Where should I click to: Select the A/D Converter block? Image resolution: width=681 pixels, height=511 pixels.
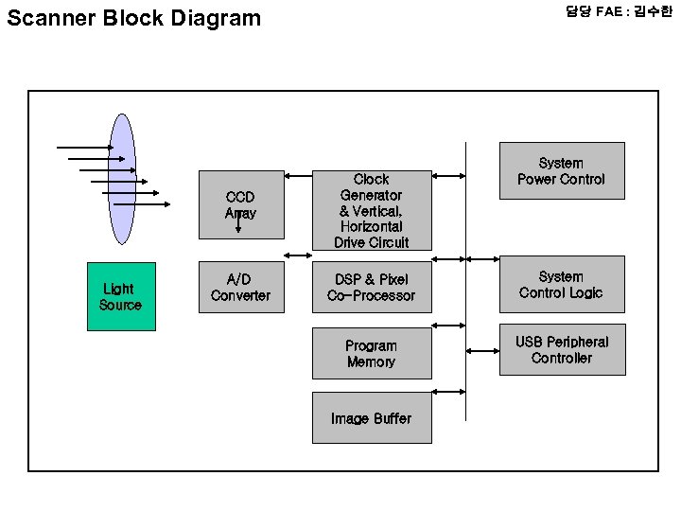pos(240,288)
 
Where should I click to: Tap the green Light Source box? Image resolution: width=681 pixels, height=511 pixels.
pos(121,296)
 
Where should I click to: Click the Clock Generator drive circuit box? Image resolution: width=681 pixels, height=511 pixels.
pos(371,210)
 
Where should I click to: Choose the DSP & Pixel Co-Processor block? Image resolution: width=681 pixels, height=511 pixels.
pos(371,288)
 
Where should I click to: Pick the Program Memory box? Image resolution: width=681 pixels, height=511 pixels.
pos(371,353)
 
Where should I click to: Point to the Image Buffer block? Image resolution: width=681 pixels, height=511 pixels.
pos(371,418)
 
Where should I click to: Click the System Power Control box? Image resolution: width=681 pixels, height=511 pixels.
pos(561,170)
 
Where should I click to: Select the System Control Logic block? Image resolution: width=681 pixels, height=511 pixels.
pos(561,284)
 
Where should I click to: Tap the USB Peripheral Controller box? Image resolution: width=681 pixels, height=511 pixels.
pos(562,349)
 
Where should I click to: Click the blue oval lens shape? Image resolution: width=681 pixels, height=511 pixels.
pos(122,180)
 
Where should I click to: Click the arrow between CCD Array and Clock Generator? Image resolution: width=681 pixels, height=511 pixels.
pos(298,176)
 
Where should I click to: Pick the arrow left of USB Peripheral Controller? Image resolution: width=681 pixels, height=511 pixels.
pos(482,350)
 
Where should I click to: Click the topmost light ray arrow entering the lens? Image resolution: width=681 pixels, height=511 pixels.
pos(85,148)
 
